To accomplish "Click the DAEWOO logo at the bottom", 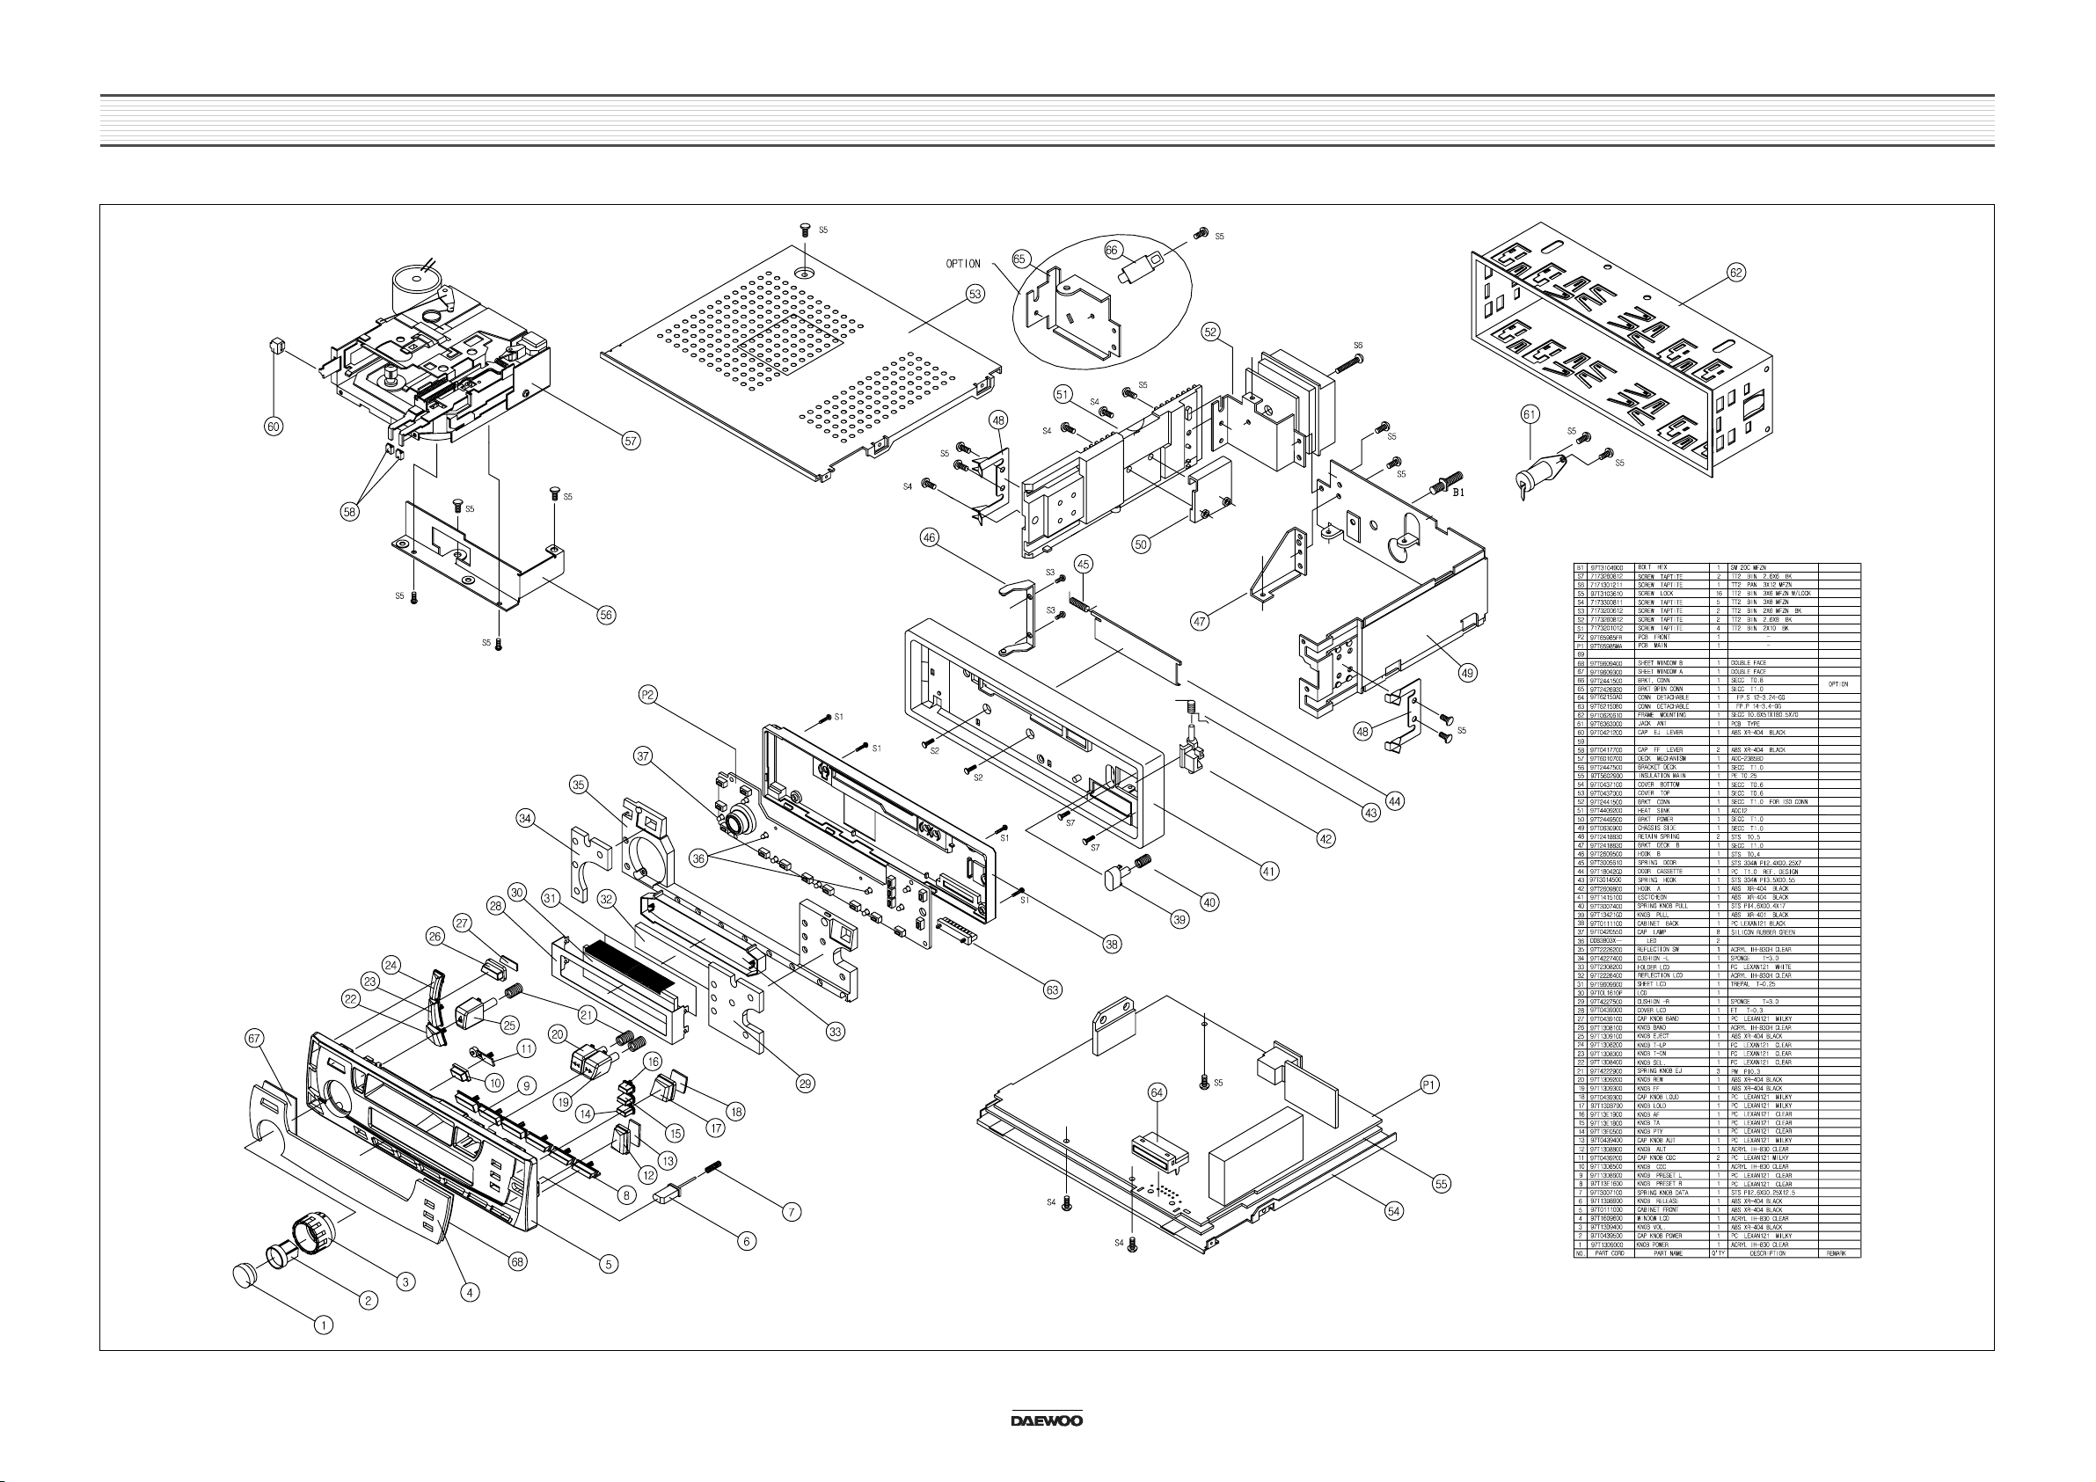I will pyautogui.click(x=1046, y=1420).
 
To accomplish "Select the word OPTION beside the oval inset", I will pyautogui.click(x=962, y=264).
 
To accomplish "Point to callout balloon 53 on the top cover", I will pyautogui.click(x=976, y=295).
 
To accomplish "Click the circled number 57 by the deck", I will pyautogui.click(x=630, y=440).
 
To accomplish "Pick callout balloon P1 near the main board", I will pyautogui.click(x=1429, y=1084).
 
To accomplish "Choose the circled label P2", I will pyautogui.click(x=647, y=695).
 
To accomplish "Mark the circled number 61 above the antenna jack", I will pyautogui.click(x=1530, y=414).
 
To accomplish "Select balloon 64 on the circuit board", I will pyautogui.click(x=1157, y=1092).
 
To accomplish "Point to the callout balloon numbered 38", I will pyautogui.click(x=1112, y=944).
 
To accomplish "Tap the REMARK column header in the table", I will pyautogui.click(x=1838, y=1253).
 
